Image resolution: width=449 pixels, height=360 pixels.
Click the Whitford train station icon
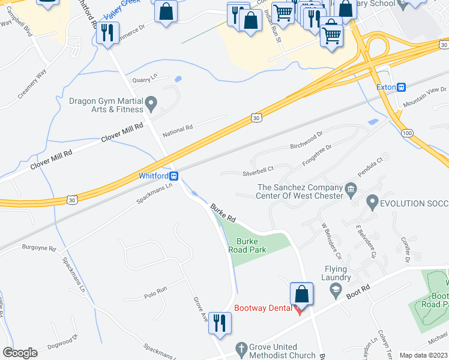coord(173,176)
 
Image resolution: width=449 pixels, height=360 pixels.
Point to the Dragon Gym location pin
coord(151,105)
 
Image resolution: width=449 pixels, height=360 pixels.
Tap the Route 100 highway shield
coord(408,132)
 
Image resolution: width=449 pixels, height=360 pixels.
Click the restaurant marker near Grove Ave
coord(220,324)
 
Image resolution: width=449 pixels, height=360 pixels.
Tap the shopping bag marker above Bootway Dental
coord(301,295)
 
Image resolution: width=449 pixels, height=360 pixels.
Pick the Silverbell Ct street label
coord(258,169)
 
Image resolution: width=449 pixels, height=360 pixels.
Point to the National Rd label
coord(178,128)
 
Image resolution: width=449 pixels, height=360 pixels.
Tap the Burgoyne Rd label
coord(39,248)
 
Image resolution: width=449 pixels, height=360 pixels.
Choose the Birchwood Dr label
coord(307,137)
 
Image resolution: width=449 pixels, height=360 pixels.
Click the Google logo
coord(20,352)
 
